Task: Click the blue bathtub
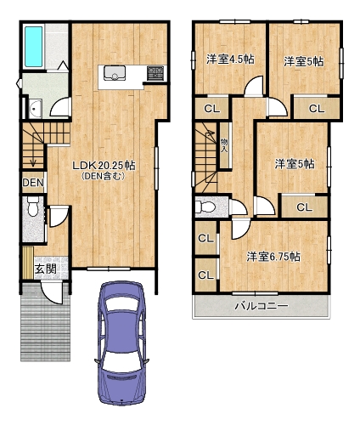[x=34, y=47]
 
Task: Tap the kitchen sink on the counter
[x=115, y=73]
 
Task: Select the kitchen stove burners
[x=155, y=73]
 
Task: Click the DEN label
[x=33, y=183]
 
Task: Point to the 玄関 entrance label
[x=45, y=269]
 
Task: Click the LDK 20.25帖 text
[x=104, y=166]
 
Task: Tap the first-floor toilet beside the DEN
[x=33, y=207]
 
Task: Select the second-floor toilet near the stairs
[x=205, y=207]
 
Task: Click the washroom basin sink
[x=36, y=109]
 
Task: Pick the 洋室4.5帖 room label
[x=230, y=59]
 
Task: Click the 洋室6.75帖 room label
[x=273, y=257]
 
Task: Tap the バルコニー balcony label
[x=262, y=306]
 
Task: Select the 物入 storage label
[x=224, y=145]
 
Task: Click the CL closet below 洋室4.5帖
[x=212, y=109]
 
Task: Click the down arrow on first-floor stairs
[x=33, y=156]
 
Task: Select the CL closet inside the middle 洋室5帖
[x=305, y=207]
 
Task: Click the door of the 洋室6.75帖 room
[x=240, y=229]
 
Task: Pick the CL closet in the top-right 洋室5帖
[x=317, y=109]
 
